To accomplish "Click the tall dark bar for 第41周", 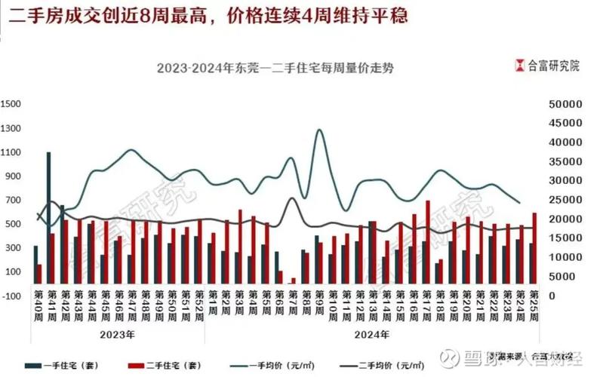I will pyautogui.click(x=48, y=219).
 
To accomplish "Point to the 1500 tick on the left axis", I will pyautogui.click(x=10, y=104).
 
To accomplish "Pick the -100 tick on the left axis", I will pyautogui.click(x=10, y=296).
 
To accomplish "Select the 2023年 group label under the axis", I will pyautogui.click(x=116, y=333).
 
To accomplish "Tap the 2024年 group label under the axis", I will pyautogui.click(x=372, y=333).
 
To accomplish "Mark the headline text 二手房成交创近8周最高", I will pyautogui.click(x=106, y=16).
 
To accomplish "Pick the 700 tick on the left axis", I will pyautogui.click(x=10, y=201).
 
